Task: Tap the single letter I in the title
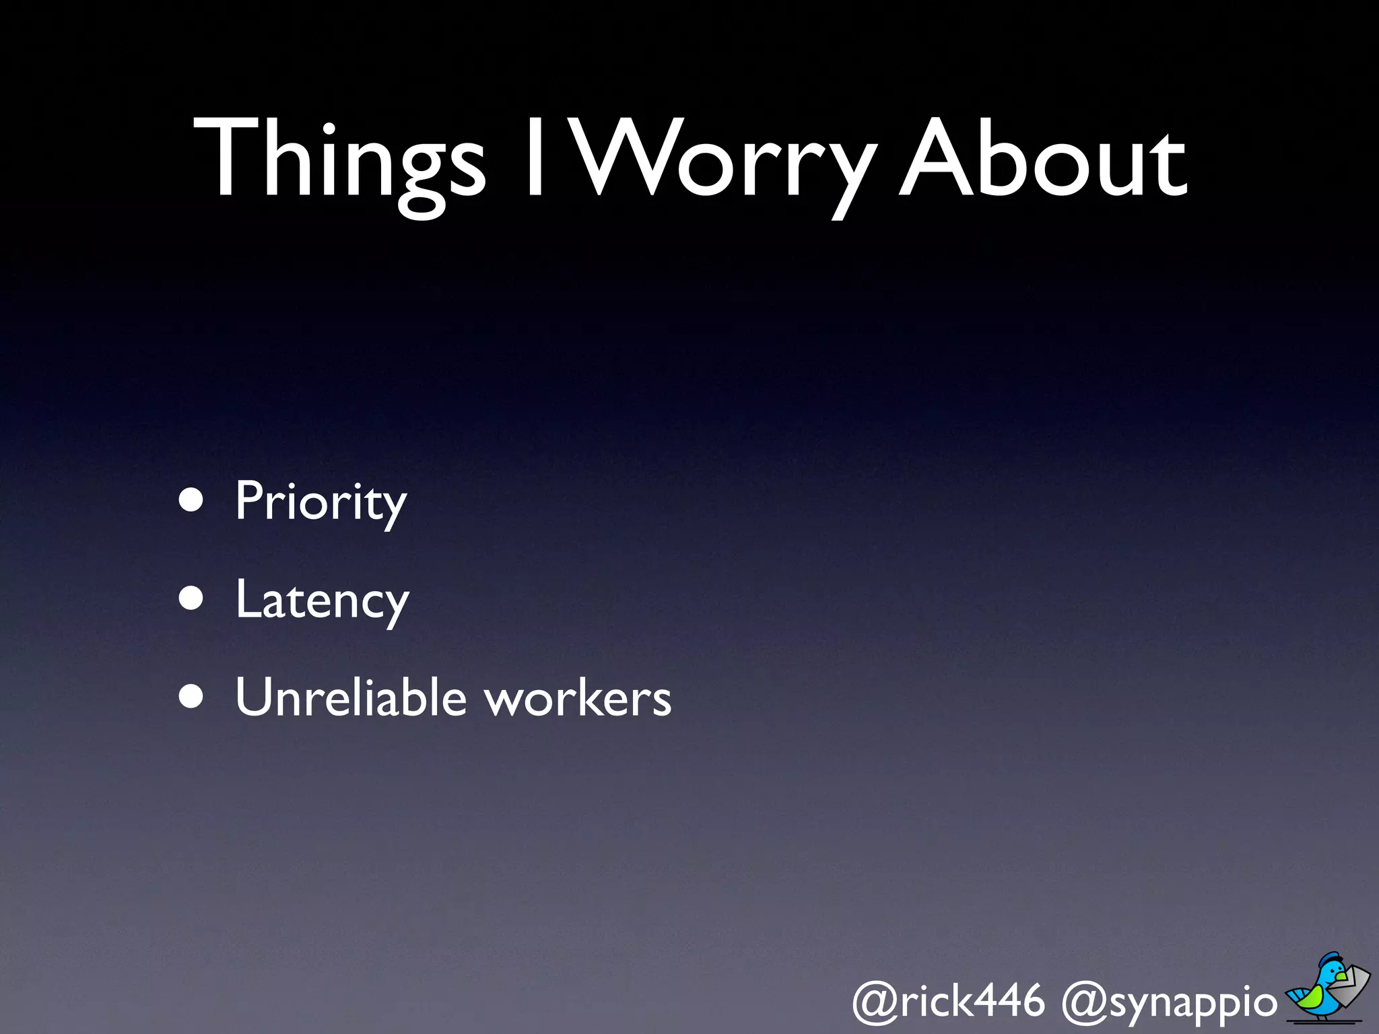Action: (x=535, y=158)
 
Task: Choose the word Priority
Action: (x=321, y=502)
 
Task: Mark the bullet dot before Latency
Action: (x=191, y=598)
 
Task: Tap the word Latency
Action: (x=322, y=600)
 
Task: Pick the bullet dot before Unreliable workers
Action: (x=191, y=697)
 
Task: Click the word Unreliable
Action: (x=351, y=697)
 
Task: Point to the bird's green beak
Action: (x=1341, y=977)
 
